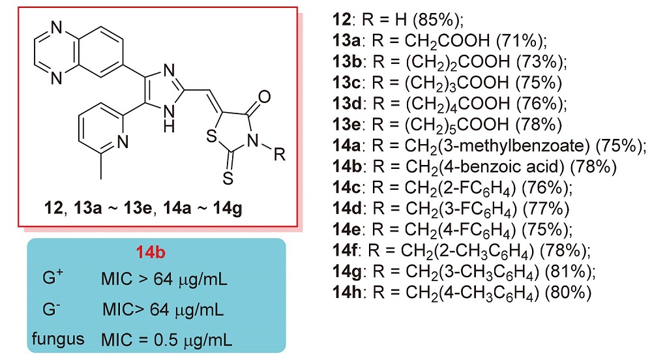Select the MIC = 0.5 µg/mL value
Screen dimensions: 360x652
(x=168, y=338)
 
